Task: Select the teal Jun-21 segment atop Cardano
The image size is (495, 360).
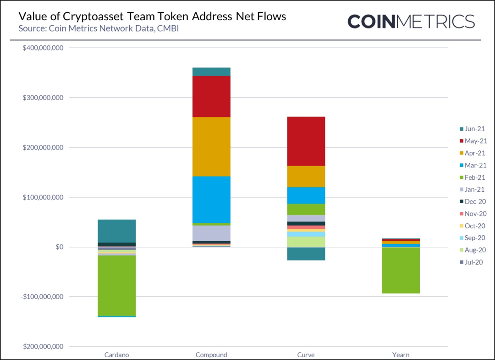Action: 117,231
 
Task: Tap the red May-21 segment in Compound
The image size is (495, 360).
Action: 211,96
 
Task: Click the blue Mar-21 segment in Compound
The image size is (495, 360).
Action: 211,199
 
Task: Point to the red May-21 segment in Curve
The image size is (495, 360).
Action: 306,141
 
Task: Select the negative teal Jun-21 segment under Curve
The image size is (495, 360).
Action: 306,254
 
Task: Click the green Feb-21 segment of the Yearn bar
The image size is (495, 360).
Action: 401,270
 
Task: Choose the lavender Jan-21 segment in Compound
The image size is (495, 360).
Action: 211,233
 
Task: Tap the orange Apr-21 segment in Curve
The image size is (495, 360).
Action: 306,176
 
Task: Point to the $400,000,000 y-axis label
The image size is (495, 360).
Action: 42,48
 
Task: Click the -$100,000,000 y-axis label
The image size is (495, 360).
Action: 41,297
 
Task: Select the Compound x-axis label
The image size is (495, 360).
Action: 211,354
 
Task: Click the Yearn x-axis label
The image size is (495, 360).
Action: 401,354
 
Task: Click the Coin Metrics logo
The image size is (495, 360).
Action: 411,22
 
